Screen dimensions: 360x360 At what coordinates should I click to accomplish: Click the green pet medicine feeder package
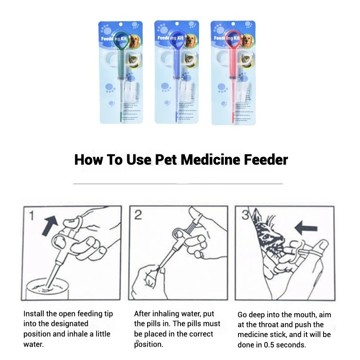[x=120, y=72]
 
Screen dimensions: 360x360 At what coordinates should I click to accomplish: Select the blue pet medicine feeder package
[x=176, y=72]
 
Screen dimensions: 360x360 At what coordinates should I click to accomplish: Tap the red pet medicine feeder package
[x=232, y=72]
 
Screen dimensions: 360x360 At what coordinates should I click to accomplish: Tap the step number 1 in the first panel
[x=32, y=216]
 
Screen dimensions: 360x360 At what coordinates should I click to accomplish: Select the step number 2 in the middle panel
[x=138, y=216]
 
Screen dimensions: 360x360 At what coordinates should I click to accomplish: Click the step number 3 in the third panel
[x=245, y=215]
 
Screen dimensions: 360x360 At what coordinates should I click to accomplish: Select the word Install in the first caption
[x=34, y=314]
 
